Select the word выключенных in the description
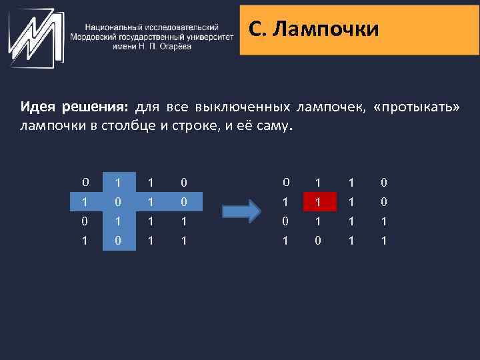coord(243,107)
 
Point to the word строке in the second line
coord(190,125)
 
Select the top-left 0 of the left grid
coord(85,181)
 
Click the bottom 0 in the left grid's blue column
coord(117,239)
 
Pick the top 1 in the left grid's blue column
coord(117,181)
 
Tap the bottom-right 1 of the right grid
coord(383,239)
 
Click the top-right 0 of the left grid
coord(183,181)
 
